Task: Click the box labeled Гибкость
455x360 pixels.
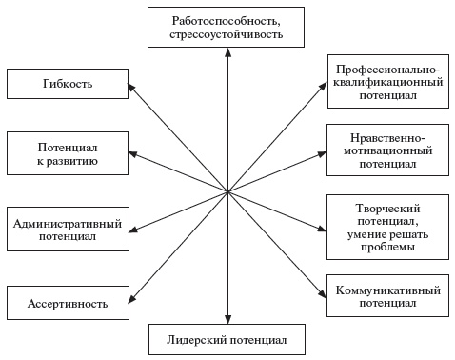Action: point(68,84)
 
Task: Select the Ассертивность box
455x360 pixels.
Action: point(68,304)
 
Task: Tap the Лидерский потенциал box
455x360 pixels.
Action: point(227,339)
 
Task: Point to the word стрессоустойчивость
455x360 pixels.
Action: point(227,35)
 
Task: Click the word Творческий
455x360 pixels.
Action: point(387,208)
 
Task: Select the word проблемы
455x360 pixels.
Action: point(387,248)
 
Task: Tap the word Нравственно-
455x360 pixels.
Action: point(387,135)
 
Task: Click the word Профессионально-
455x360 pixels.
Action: point(387,69)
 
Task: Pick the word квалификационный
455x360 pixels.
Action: point(387,83)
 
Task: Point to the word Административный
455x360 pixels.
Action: point(68,224)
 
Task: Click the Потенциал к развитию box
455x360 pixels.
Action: point(68,155)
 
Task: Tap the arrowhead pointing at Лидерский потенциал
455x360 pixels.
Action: point(227,321)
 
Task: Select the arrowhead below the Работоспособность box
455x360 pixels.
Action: point(227,51)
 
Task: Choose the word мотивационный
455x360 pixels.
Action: point(387,150)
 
